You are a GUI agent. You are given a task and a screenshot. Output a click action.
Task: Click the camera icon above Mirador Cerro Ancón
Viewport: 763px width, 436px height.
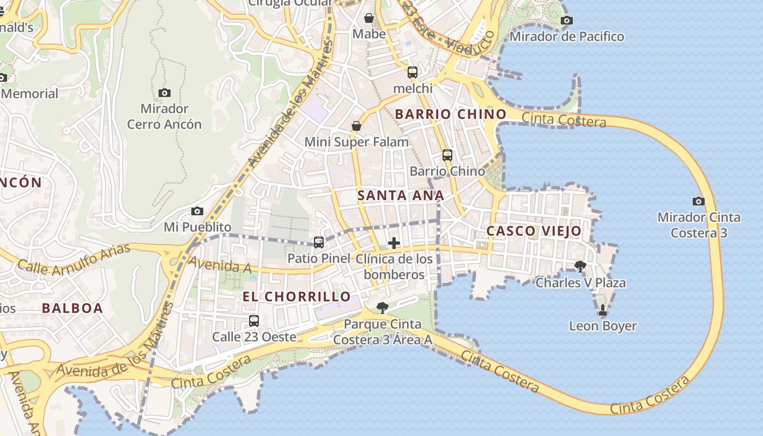pyautogui.click(x=164, y=93)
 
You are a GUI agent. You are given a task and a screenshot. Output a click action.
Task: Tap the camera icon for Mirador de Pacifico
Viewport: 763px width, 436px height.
pyautogui.click(x=566, y=21)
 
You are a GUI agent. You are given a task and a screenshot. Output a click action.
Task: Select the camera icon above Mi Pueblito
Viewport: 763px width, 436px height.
pyautogui.click(x=197, y=211)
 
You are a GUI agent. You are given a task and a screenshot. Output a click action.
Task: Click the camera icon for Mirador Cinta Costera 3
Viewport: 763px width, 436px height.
pyautogui.click(x=698, y=201)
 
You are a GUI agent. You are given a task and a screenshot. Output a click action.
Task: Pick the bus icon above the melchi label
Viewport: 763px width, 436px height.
pyautogui.click(x=413, y=72)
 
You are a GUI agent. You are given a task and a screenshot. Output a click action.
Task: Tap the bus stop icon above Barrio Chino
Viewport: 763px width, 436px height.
pyautogui.click(x=447, y=155)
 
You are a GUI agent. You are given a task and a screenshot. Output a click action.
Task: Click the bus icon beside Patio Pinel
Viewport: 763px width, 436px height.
pyautogui.click(x=319, y=243)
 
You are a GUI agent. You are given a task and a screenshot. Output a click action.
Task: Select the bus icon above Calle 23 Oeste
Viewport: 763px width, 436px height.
pyautogui.click(x=253, y=320)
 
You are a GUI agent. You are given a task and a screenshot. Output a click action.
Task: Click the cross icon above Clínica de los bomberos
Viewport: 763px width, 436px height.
pyautogui.click(x=393, y=243)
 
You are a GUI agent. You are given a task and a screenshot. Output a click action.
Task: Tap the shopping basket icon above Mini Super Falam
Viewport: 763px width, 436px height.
pyautogui.click(x=356, y=126)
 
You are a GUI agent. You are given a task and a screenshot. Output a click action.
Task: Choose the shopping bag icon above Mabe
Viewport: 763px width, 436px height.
pyautogui.click(x=369, y=18)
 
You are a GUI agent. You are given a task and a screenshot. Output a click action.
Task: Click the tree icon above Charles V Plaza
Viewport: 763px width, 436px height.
pyautogui.click(x=580, y=266)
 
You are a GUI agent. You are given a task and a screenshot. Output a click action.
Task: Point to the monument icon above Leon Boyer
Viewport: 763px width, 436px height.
pyautogui.click(x=602, y=310)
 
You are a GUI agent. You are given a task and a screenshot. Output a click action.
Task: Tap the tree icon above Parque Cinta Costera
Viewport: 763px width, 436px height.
pyautogui.click(x=383, y=308)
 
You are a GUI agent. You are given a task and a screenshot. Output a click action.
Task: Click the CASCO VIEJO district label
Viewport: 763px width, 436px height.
pyautogui.click(x=534, y=231)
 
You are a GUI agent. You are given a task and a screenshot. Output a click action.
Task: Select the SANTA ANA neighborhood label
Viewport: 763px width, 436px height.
pyautogui.click(x=401, y=196)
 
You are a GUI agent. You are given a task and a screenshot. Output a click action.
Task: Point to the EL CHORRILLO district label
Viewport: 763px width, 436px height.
pyautogui.click(x=296, y=296)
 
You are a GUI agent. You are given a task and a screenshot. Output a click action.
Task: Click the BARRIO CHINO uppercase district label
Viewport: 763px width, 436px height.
pyautogui.click(x=451, y=114)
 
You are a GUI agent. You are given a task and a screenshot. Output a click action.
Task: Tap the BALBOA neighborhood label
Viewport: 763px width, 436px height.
pyautogui.click(x=72, y=308)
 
